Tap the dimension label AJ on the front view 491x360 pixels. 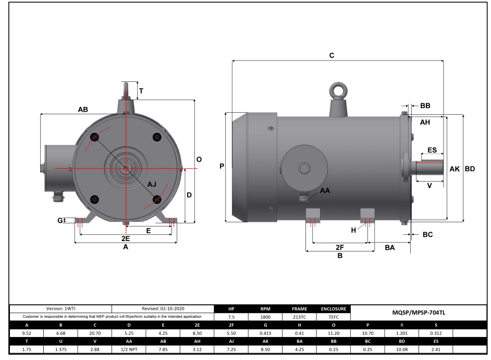pyautogui.click(x=152, y=185)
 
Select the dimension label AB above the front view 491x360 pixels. pyautogui.click(x=83, y=110)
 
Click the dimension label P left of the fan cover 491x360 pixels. pyautogui.click(x=222, y=166)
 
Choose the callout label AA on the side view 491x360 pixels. pyautogui.click(x=325, y=191)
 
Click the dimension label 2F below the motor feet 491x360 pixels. pyautogui.click(x=339, y=247)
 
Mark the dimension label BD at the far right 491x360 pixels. pyautogui.click(x=470, y=169)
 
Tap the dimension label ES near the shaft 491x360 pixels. pyautogui.click(x=432, y=150)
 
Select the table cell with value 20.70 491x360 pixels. pyautogui.click(x=95, y=332)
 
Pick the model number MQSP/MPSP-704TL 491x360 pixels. pyautogui.click(x=419, y=313)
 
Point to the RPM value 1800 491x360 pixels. pyautogui.click(x=265, y=317)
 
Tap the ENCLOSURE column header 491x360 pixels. pyautogui.click(x=334, y=309)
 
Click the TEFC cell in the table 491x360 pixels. pyautogui.click(x=334, y=317)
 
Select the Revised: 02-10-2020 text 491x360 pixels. pyautogui.click(x=163, y=309)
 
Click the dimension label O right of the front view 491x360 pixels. pyautogui.click(x=199, y=159)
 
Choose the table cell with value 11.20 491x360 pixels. pyautogui.click(x=334, y=332)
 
